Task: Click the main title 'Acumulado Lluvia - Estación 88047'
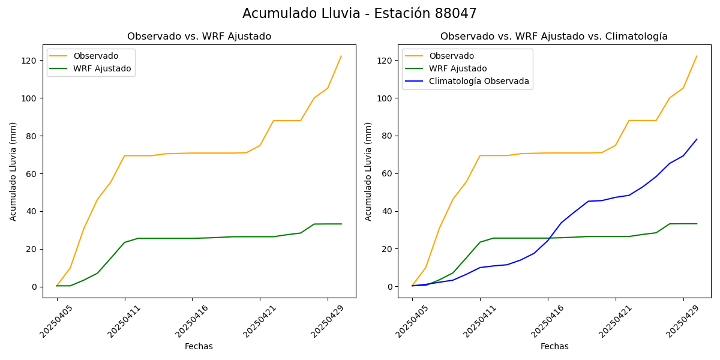coord(359,14)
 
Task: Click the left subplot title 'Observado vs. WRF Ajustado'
coord(199,37)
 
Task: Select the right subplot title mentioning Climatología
coord(554,37)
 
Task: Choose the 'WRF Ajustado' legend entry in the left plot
coord(102,69)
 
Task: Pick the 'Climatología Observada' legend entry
coord(479,82)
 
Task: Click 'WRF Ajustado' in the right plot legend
coord(457,69)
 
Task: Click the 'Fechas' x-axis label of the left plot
coord(199,347)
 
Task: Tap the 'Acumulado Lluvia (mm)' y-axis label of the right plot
coord(368,172)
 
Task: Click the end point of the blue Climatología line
coord(697,139)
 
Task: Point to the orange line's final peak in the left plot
coord(341,56)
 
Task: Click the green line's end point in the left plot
coord(341,224)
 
